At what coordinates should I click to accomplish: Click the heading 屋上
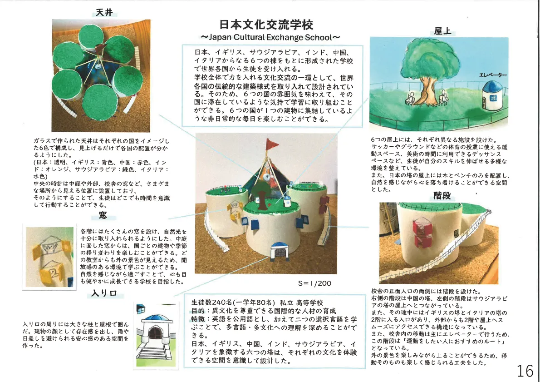coord(442,31)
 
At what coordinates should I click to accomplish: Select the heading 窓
coord(103,215)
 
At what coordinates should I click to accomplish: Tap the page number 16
coord(525,371)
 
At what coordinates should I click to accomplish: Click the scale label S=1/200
coord(314,283)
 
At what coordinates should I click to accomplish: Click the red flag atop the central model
coord(273,144)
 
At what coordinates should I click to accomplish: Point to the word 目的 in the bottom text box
coord(198,311)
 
